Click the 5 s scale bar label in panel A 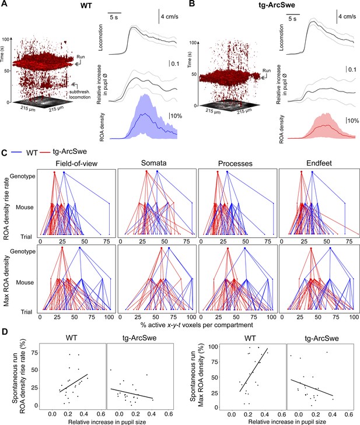click(114, 17)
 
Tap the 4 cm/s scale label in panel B click(347, 16)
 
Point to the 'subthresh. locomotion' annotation click(79, 94)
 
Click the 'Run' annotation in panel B click(267, 71)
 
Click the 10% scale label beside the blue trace click(176, 116)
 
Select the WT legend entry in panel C click(32, 153)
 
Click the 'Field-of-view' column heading click(76, 163)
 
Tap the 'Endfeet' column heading click(319, 163)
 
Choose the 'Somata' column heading click(154, 163)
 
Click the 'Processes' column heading click(235, 163)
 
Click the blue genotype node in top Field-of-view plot click(64, 172)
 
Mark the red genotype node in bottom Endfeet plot click(310, 248)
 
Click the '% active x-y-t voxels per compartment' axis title click(197, 325)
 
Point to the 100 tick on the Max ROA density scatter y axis click(214, 347)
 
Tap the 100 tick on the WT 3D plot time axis click(5, 39)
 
